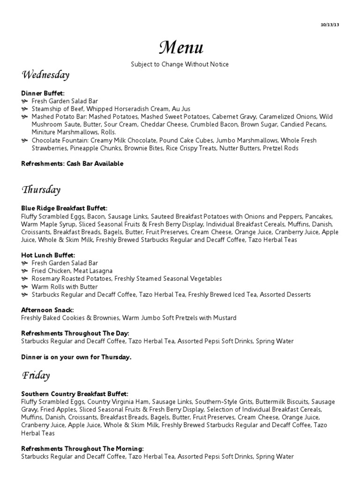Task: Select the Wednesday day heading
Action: click(45, 75)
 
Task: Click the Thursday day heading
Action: click(41, 190)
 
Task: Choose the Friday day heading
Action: click(36, 375)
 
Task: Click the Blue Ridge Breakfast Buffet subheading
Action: click(64, 208)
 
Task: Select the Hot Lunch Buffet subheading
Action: click(48, 255)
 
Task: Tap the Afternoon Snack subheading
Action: click(48, 310)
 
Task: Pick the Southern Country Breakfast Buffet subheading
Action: click(75, 394)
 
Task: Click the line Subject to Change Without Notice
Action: click(180, 64)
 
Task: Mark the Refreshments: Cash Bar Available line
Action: click(72, 164)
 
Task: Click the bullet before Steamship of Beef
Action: click(24, 109)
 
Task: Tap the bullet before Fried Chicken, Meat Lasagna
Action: click(24, 271)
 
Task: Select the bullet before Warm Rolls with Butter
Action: click(24, 287)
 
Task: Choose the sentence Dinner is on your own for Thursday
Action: click(76, 357)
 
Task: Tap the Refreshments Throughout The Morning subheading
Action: click(82, 449)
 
